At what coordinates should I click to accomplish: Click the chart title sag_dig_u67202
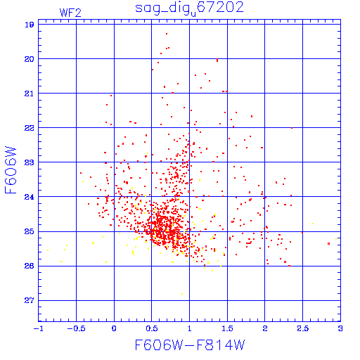click(x=189, y=8)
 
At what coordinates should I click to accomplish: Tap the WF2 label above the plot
click(x=70, y=13)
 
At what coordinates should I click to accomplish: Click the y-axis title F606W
click(x=11, y=170)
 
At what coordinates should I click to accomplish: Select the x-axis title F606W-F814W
click(x=190, y=345)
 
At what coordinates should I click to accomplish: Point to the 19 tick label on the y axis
click(x=30, y=25)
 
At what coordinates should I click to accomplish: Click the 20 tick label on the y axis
click(x=30, y=59)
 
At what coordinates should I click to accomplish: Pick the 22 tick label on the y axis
click(x=30, y=128)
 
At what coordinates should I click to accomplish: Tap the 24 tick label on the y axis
click(x=30, y=197)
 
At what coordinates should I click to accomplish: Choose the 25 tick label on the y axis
click(x=30, y=231)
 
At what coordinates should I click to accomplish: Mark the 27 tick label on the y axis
click(x=30, y=300)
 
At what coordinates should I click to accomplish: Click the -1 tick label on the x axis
click(x=38, y=328)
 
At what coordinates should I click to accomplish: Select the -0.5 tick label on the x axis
click(x=76, y=328)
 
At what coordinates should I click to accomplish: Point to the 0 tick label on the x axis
click(x=114, y=328)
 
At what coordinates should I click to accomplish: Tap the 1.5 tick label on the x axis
click(x=227, y=328)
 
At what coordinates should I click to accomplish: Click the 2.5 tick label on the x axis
click(x=303, y=328)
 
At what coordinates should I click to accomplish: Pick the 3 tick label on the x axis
click(x=340, y=328)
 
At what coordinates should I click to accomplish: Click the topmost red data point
click(x=167, y=34)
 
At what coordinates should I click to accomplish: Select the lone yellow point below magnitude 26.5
click(x=182, y=294)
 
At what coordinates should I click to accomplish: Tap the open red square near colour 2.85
click(x=328, y=244)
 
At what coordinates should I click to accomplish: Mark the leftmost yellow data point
click(x=48, y=250)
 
